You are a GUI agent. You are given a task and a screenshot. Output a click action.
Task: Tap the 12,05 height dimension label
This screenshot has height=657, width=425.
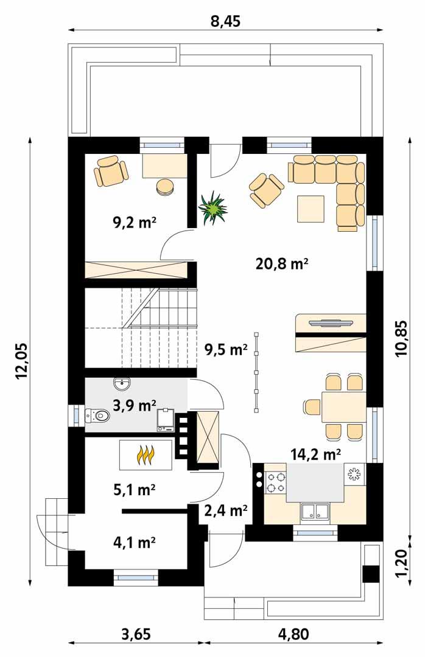23,360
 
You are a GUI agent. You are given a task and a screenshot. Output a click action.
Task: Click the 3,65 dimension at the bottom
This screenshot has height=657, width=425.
136,634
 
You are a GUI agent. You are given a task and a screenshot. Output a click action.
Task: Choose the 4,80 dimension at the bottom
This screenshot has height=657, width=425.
293,634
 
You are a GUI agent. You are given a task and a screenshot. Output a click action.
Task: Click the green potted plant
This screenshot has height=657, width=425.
212,208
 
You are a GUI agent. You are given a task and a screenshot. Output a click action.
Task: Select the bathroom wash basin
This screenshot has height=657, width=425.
122,384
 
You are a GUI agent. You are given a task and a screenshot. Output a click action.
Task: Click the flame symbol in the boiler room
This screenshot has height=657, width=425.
146,454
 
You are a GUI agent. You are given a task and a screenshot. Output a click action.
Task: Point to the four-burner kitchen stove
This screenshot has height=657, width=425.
275,481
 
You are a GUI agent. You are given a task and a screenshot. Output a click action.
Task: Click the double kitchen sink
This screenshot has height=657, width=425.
314,512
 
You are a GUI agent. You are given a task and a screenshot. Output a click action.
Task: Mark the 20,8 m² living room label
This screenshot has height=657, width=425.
281,263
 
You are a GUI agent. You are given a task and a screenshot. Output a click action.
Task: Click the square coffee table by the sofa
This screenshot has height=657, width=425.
311,209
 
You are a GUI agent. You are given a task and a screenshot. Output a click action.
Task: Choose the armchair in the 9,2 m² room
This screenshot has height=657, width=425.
111,170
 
